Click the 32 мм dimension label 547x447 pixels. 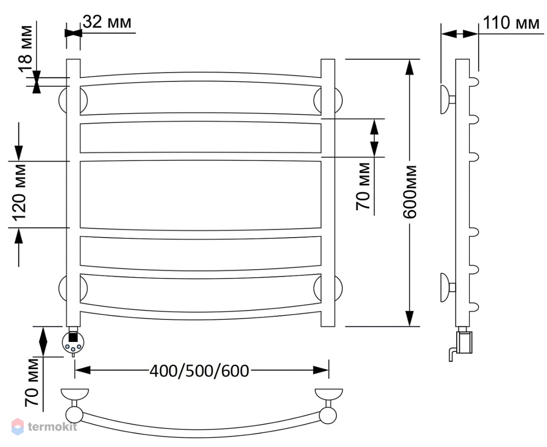(x=107, y=22)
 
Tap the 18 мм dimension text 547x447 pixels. (x=26, y=49)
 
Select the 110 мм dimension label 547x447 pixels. (x=511, y=23)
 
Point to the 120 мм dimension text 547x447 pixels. (x=20, y=193)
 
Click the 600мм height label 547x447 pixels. (x=410, y=192)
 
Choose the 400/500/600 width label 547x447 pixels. (x=199, y=371)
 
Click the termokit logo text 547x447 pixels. (x=52, y=427)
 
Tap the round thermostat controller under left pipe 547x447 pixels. (x=73, y=342)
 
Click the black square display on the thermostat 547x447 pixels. (x=73, y=337)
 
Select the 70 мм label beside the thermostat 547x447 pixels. (x=31, y=382)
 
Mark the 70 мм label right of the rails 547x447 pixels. (x=363, y=187)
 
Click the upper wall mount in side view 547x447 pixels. (x=448, y=99)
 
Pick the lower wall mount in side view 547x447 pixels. (x=448, y=288)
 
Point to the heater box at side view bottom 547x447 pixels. (x=464, y=342)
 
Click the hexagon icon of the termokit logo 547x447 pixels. (x=18, y=427)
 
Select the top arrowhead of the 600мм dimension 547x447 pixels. (x=409, y=67)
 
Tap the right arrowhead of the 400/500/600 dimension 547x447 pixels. (x=321, y=371)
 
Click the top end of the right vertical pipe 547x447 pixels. (x=328, y=59)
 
